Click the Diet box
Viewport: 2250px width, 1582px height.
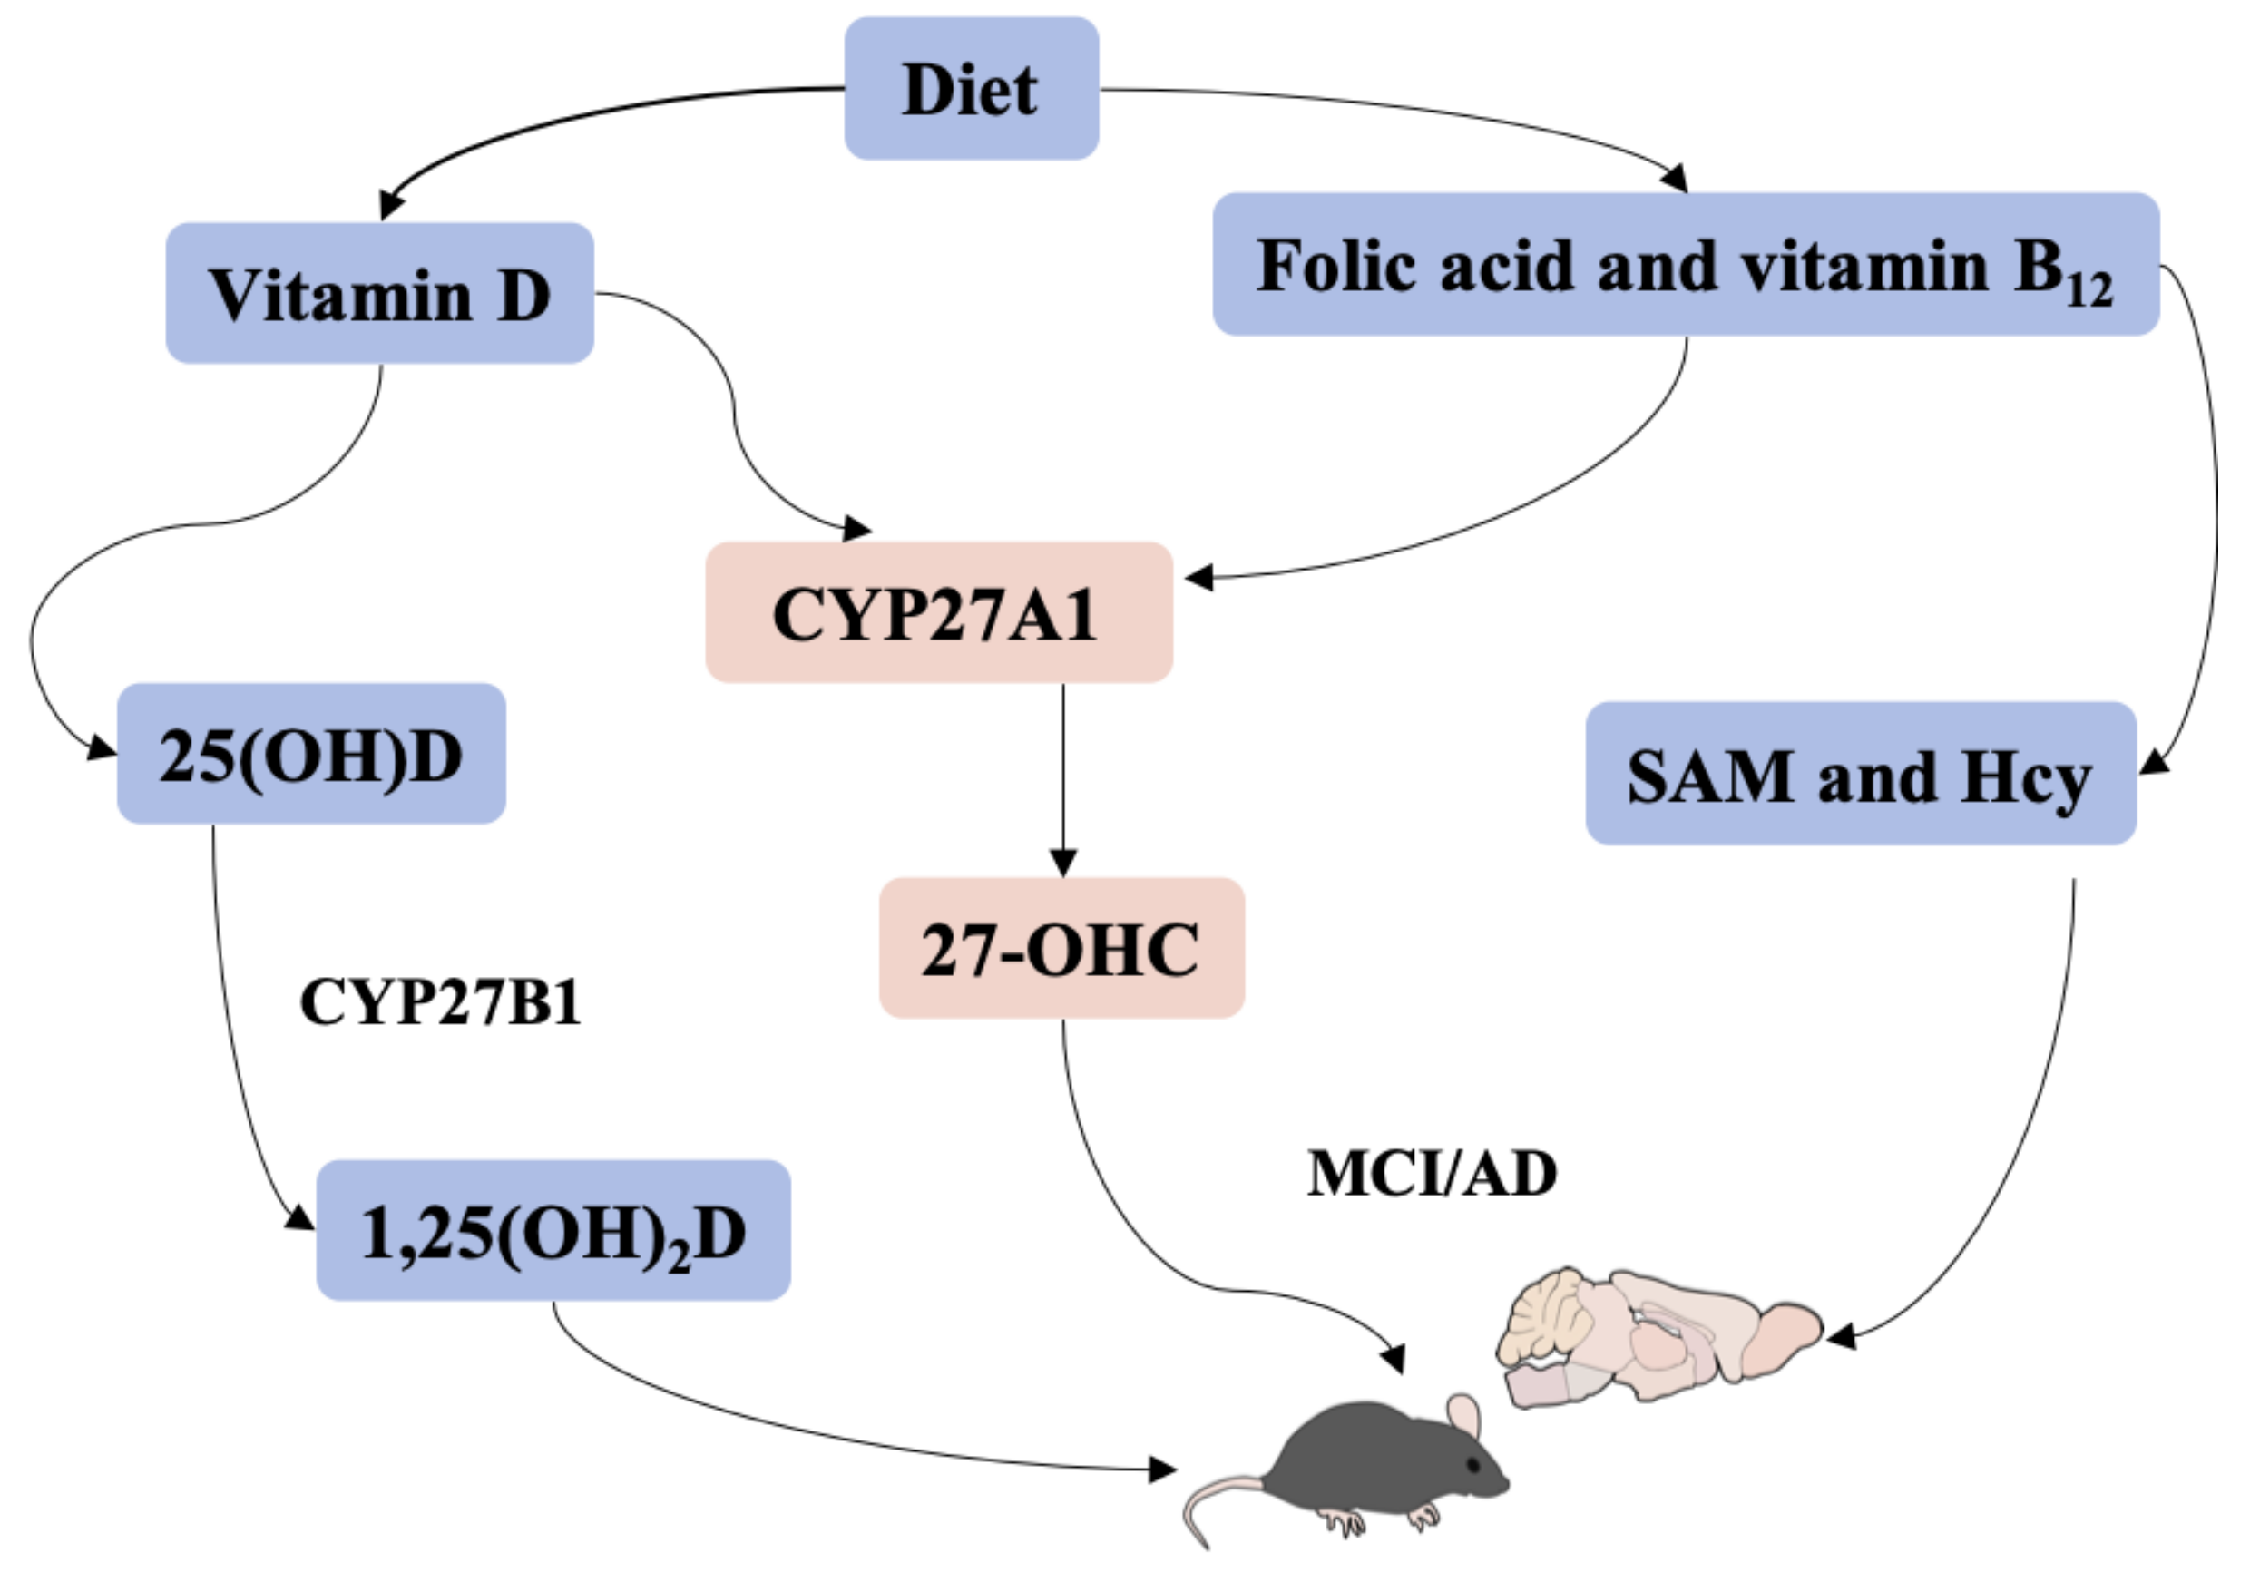(x=970, y=88)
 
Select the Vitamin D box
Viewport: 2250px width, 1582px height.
(x=379, y=293)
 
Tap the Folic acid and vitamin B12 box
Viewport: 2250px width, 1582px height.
(x=1686, y=265)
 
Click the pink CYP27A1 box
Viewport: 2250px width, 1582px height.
(x=938, y=612)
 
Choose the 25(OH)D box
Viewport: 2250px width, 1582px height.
(x=310, y=755)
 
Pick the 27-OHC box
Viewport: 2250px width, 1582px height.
(x=1061, y=947)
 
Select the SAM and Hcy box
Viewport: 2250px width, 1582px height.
(x=1859, y=774)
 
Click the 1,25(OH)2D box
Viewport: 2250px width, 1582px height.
(x=553, y=1230)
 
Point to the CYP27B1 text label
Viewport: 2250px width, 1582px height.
(x=440, y=1003)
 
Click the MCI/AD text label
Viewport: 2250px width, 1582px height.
(x=1432, y=1173)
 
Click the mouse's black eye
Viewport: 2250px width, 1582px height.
(x=1472, y=1464)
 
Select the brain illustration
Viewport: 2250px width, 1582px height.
(x=1656, y=1337)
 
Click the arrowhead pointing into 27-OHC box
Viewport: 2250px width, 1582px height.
(x=1063, y=863)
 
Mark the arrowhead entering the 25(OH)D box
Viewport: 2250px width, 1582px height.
(x=102, y=748)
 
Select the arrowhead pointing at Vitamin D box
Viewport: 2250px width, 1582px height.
(x=391, y=205)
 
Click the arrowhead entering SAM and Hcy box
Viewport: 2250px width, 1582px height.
(x=2153, y=762)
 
